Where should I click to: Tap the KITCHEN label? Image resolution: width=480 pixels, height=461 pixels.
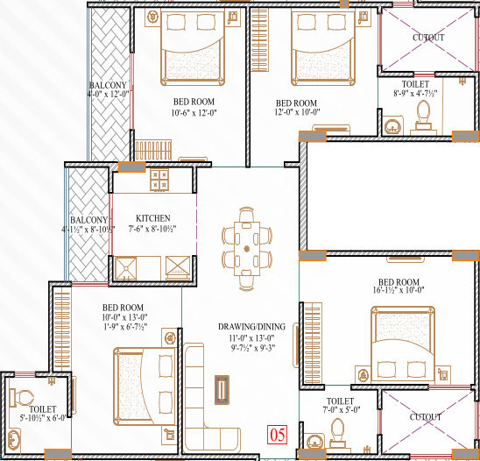pos(153,218)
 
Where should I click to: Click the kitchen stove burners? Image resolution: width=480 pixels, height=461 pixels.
pos(159,181)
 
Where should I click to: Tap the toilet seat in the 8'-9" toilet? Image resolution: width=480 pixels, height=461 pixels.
pos(425,114)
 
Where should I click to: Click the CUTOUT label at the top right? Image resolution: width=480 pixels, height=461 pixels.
pos(428,38)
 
